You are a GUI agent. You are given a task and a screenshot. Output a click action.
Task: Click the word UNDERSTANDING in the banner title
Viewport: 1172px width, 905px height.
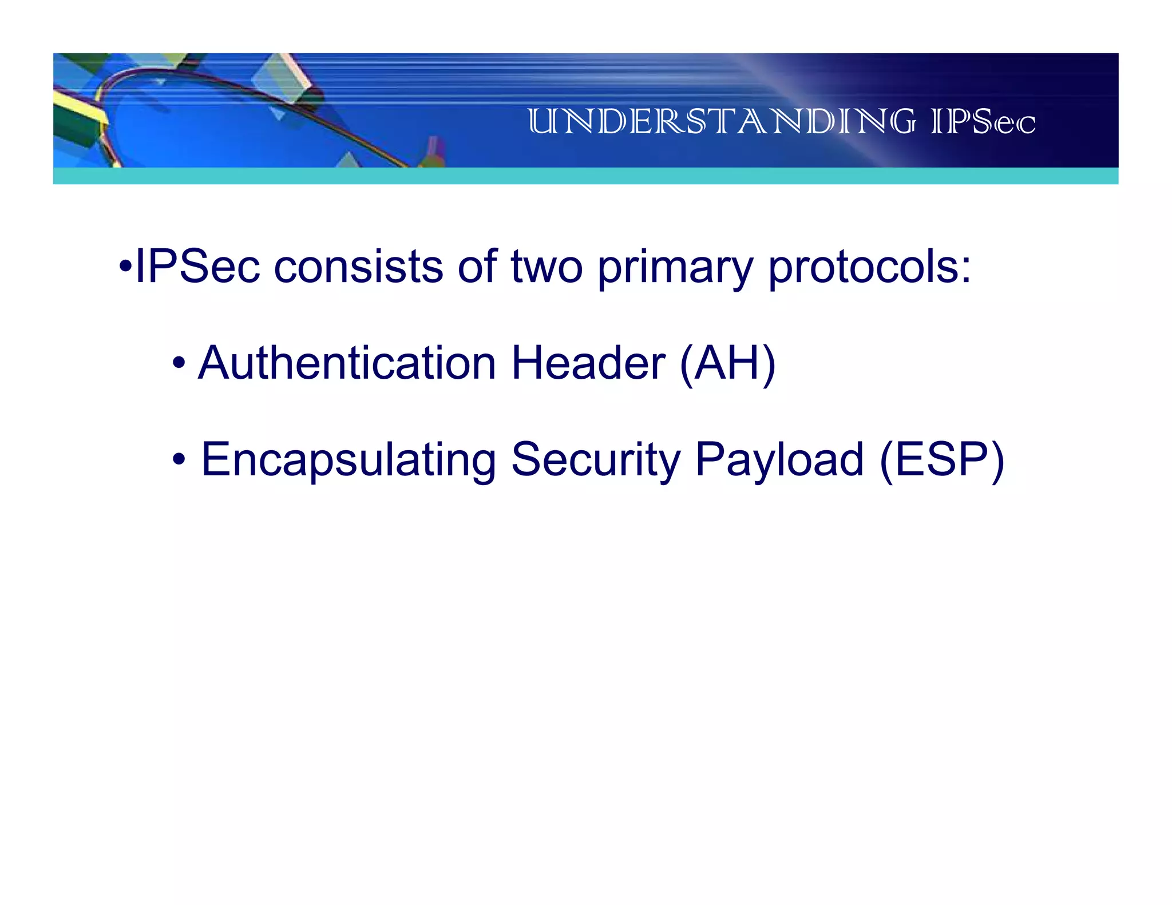point(721,122)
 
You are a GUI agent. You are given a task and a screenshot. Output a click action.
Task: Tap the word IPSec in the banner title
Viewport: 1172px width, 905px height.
point(983,122)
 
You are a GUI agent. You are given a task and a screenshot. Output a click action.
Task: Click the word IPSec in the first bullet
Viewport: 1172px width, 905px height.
point(197,267)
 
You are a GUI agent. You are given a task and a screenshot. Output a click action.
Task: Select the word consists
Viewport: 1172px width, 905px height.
point(358,267)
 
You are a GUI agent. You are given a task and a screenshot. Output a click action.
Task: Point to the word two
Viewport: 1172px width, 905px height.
point(547,268)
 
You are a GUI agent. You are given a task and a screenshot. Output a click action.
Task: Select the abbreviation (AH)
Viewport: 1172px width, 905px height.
point(727,364)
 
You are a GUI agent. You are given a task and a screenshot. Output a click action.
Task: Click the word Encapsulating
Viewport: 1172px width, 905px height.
point(349,460)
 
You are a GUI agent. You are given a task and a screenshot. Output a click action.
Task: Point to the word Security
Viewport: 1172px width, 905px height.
point(596,460)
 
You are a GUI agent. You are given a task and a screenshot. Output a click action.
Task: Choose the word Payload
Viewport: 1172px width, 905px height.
point(779,460)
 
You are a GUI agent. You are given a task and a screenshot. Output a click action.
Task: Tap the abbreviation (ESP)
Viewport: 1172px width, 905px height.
point(942,460)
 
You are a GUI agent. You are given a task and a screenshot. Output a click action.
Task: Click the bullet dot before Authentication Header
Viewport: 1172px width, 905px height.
point(179,363)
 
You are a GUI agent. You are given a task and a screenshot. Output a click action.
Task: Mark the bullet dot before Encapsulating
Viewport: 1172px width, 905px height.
point(179,459)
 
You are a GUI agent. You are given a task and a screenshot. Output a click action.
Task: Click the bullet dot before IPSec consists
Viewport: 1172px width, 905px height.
point(125,267)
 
